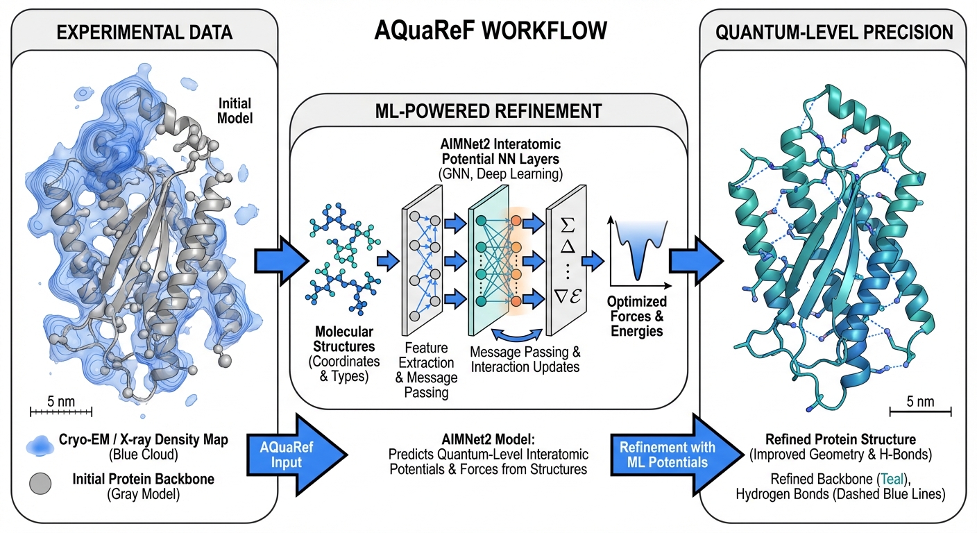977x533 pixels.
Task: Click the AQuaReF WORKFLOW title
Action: tap(491, 31)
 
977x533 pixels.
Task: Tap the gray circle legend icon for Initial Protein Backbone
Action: tap(42, 484)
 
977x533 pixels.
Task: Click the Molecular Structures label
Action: tap(344, 338)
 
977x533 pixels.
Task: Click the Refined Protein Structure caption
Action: tap(840, 439)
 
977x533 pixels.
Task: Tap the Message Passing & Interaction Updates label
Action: tap(524, 359)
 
